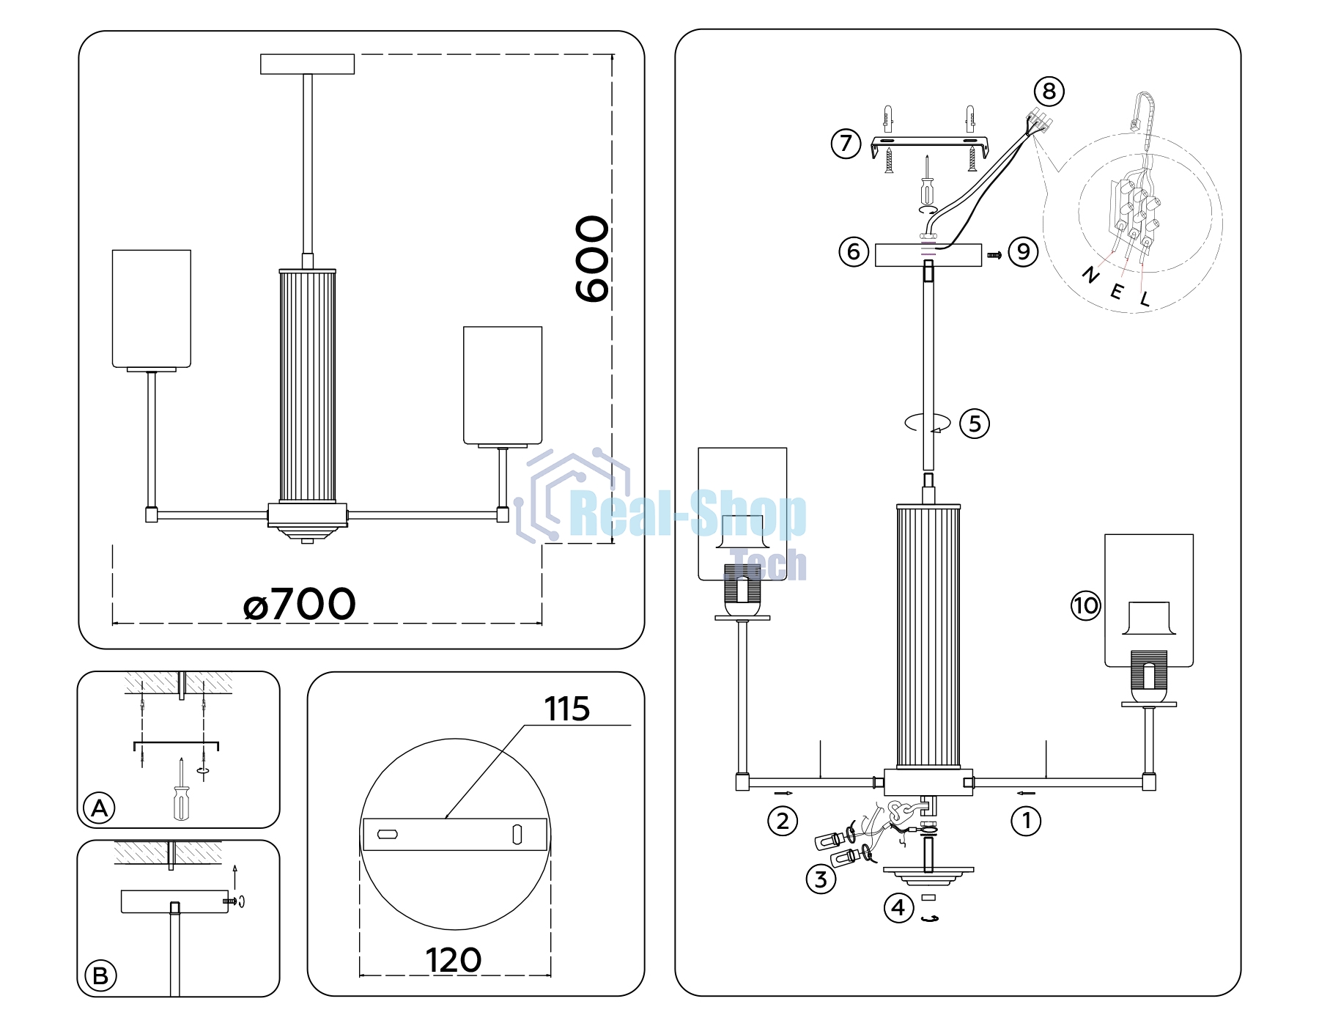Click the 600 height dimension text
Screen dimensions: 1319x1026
[592, 259]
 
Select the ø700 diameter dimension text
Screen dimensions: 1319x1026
[299, 605]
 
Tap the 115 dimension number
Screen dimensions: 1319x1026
[566, 709]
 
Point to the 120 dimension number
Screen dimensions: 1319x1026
[454, 960]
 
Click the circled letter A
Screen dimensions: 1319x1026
[100, 808]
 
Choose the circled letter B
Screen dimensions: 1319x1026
[100, 976]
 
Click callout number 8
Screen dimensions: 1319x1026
[1049, 92]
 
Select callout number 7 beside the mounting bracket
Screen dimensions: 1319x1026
[846, 143]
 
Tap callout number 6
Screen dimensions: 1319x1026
[854, 251]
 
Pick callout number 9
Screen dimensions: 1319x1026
[1024, 251]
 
